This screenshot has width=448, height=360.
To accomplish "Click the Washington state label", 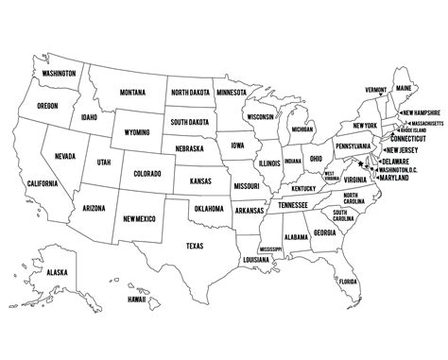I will (59, 72).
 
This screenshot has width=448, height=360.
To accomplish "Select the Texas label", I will (194, 246).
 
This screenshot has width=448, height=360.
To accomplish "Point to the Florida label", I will (348, 282).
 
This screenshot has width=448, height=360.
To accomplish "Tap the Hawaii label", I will (137, 300).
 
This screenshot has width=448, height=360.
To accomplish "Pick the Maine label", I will (405, 89).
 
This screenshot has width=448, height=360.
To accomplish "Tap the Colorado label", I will (147, 174).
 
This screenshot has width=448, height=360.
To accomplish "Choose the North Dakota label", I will (192, 92).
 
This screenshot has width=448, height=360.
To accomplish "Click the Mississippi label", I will (270, 249).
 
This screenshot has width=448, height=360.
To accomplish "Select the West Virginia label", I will (332, 176).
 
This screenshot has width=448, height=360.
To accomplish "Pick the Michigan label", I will (302, 129).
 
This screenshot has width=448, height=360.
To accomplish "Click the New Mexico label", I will (140, 219).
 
